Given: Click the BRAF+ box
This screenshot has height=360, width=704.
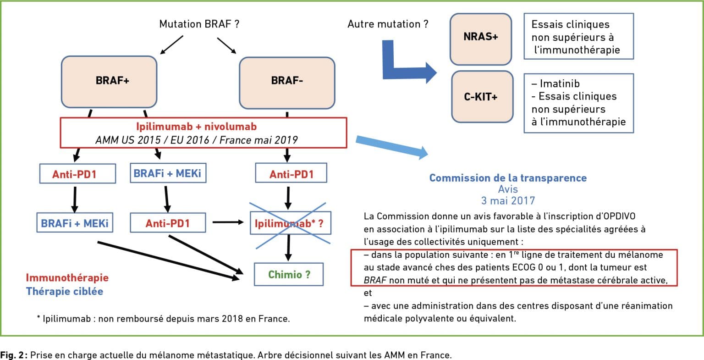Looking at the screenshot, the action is point(109,82).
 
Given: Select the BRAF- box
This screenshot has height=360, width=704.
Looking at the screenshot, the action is point(287,83).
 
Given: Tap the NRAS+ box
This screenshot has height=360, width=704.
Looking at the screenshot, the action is point(480,39).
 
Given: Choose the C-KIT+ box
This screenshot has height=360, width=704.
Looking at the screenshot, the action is point(482,96).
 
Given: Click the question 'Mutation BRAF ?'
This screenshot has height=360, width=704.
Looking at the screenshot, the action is point(199,24).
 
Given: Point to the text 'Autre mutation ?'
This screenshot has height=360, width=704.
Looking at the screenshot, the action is point(388,24).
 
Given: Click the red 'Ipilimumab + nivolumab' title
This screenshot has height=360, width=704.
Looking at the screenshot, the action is point(197,127).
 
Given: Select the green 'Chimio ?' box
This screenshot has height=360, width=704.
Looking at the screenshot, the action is point(288,274).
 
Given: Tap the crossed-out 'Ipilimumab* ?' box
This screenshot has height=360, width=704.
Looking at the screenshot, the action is point(291,223).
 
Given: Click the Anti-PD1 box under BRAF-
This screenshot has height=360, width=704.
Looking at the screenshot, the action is point(291,172).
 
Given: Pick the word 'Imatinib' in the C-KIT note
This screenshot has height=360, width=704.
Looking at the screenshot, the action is point(560,83).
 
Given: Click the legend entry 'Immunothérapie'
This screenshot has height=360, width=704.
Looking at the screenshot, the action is point(67,277).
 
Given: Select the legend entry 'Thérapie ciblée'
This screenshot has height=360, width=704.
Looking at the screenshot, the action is point(65,291).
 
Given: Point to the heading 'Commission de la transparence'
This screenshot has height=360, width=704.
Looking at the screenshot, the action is point(508,178).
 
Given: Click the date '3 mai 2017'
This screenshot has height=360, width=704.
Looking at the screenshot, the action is point(508,200).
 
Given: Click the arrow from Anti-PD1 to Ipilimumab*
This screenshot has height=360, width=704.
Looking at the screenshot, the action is point(228,222).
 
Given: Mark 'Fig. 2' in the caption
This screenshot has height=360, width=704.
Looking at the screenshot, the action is point(12,355).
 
